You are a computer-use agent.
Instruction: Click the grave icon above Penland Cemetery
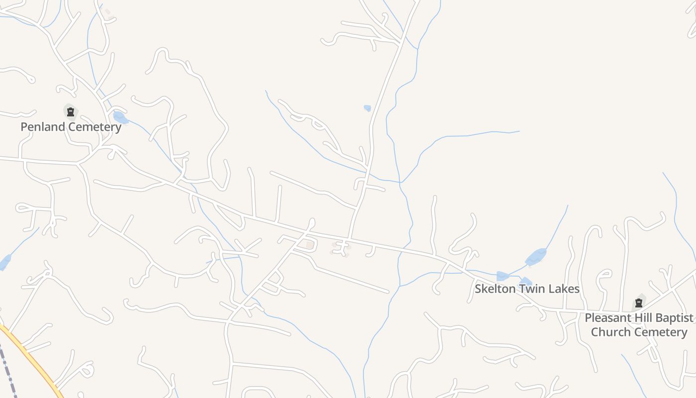(x=71, y=112)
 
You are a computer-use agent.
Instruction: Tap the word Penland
(x=43, y=127)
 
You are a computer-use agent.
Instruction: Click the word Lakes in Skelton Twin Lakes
(x=563, y=289)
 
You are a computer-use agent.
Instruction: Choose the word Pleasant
(x=609, y=318)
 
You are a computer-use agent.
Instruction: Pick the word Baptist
(x=675, y=318)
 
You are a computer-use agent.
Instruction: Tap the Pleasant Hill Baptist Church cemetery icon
(x=639, y=302)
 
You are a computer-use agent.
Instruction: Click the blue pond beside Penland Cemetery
(x=119, y=117)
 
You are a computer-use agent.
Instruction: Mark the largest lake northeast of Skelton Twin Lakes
(x=536, y=257)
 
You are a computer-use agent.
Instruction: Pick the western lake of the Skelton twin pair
(x=502, y=276)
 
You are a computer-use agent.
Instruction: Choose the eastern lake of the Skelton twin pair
(x=525, y=282)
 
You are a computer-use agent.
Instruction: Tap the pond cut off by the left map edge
(x=4, y=262)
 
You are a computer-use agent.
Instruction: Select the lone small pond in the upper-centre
(x=367, y=108)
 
